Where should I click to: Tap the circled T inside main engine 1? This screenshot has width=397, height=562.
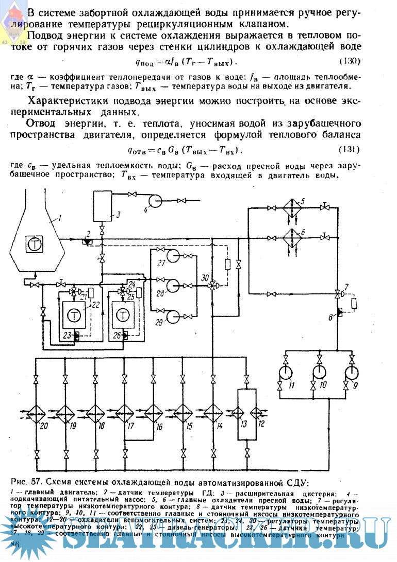pos(35,244)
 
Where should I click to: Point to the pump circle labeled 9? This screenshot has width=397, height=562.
pos(352,372)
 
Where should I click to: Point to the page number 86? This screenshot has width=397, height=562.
pos(15,545)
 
